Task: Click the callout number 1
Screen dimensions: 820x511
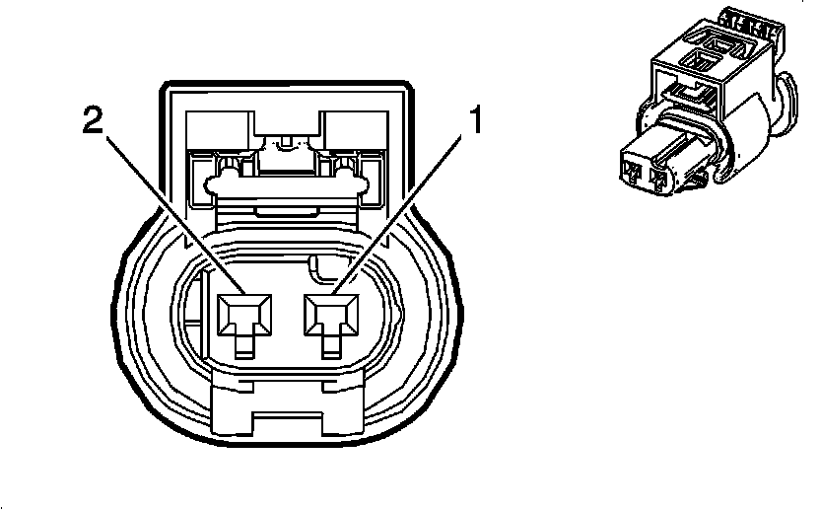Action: pyautogui.click(x=474, y=122)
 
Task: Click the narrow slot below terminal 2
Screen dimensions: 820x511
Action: pyautogui.click(x=243, y=344)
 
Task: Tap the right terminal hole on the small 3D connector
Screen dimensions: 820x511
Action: pyautogui.click(x=659, y=180)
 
